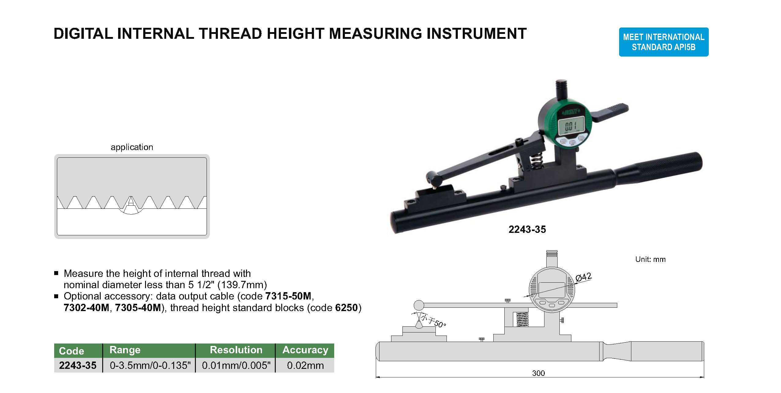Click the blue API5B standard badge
click(x=663, y=42)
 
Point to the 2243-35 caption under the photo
click(x=527, y=230)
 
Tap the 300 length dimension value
click(x=538, y=373)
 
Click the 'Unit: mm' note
click(x=650, y=259)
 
